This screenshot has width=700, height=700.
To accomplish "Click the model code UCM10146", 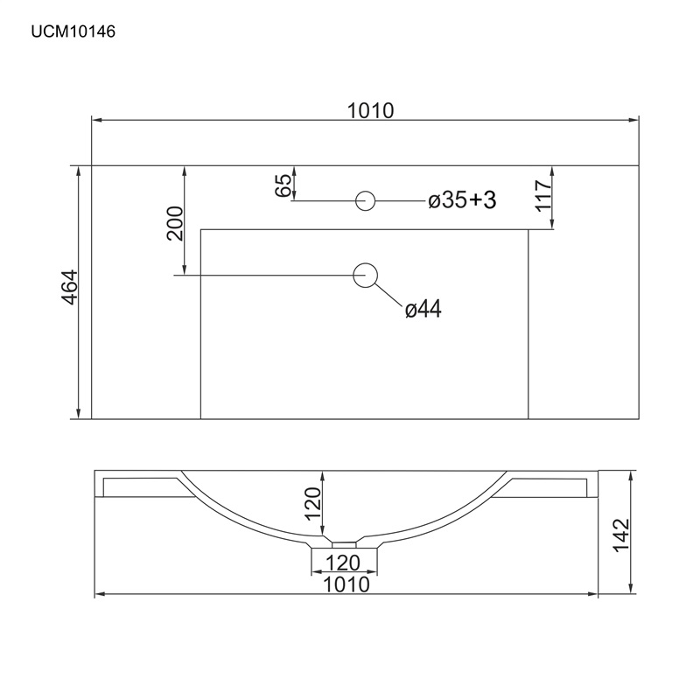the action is click(x=73, y=31).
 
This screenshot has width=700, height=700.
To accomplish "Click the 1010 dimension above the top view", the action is click(x=370, y=111).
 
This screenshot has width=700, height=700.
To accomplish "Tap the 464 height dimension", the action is click(x=70, y=288).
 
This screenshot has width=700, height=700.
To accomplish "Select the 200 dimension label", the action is click(x=175, y=223).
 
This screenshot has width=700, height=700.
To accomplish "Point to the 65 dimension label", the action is click(x=283, y=185).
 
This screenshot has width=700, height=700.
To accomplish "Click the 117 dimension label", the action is click(x=542, y=195).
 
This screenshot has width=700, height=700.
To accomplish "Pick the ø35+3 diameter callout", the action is click(x=462, y=200).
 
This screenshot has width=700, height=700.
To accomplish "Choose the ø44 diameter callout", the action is click(x=423, y=309).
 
